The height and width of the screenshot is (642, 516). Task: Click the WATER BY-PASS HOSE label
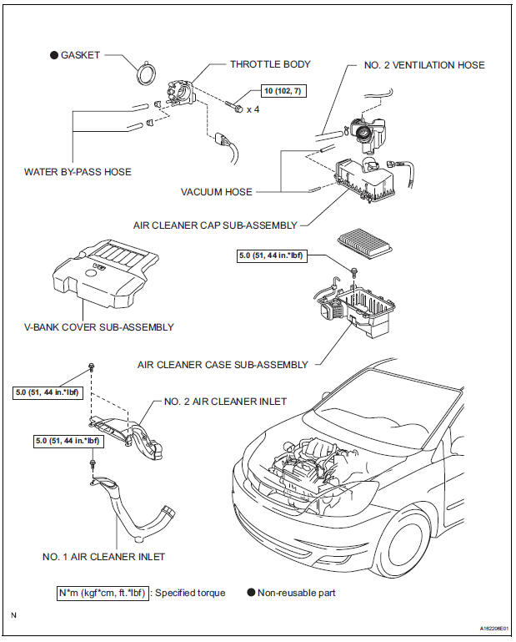pyautogui.click(x=78, y=172)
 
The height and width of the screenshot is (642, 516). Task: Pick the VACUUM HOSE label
pyautogui.click(x=217, y=191)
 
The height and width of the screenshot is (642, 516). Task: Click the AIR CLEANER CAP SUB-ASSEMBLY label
pyautogui.click(x=214, y=225)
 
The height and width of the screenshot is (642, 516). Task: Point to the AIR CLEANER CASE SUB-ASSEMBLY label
pyautogui.click(x=223, y=365)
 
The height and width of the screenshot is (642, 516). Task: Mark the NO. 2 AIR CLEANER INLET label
pyautogui.click(x=225, y=402)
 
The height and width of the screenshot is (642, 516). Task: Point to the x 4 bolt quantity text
pyautogui.click(x=253, y=108)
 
